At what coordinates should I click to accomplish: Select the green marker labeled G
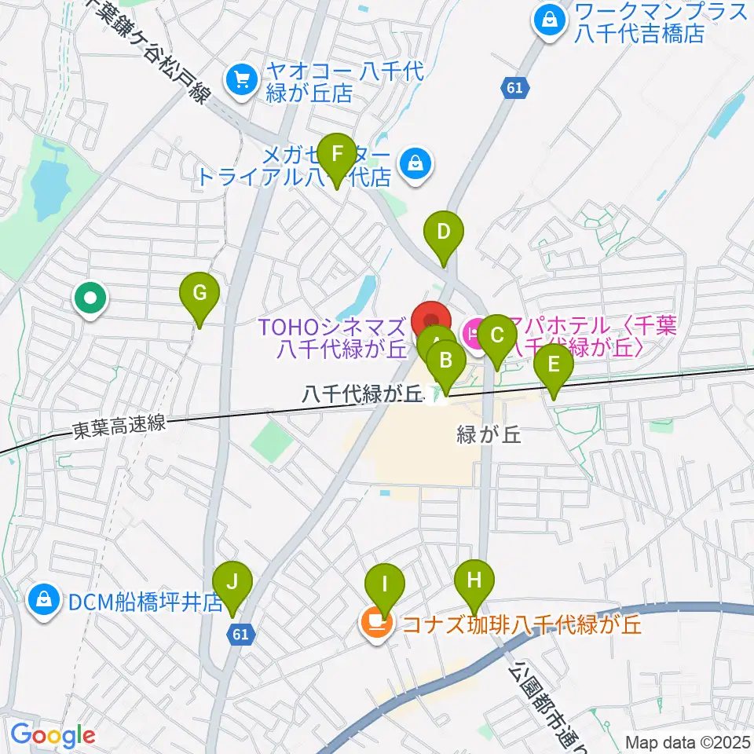[199, 295]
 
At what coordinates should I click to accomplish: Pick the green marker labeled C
[496, 336]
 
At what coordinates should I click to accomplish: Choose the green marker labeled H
[474, 582]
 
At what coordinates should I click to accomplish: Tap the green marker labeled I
[385, 585]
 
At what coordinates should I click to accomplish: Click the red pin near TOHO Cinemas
[432, 321]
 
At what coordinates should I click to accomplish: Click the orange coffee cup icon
[377, 624]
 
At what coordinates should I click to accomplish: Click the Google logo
[52, 735]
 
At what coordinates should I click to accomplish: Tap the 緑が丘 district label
[489, 434]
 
